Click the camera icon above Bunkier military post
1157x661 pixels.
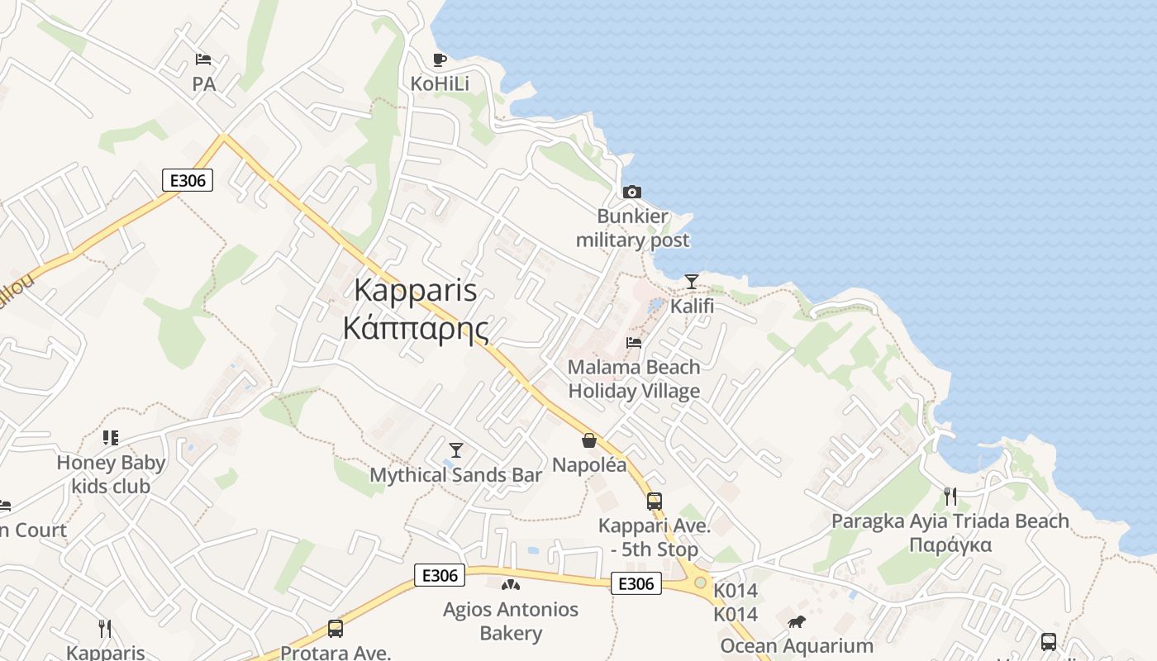click(x=631, y=193)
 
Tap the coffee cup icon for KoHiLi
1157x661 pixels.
click(x=440, y=59)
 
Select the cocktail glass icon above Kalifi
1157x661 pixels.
click(x=692, y=282)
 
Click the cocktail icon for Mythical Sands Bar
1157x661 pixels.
click(x=455, y=450)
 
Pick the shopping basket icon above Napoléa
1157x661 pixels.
click(x=589, y=440)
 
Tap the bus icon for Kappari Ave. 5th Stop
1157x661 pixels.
click(x=654, y=501)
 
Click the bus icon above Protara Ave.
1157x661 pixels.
click(x=335, y=629)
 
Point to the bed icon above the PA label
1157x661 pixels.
click(x=203, y=59)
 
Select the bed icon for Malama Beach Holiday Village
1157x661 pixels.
click(x=634, y=343)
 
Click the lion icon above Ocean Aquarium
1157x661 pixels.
click(x=797, y=622)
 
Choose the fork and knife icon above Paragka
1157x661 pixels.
click(x=950, y=497)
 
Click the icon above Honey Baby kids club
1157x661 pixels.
click(x=111, y=438)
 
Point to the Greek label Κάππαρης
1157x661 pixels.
click(x=415, y=329)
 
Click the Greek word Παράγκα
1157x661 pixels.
click(x=950, y=545)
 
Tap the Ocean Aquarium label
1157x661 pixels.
click(x=797, y=646)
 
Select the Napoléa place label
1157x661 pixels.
click(x=589, y=464)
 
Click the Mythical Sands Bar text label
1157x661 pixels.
click(x=455, y=475)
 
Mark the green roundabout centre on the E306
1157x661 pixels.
click(x=700, y=583)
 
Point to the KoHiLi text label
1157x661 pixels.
click(x=440, y=83)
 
